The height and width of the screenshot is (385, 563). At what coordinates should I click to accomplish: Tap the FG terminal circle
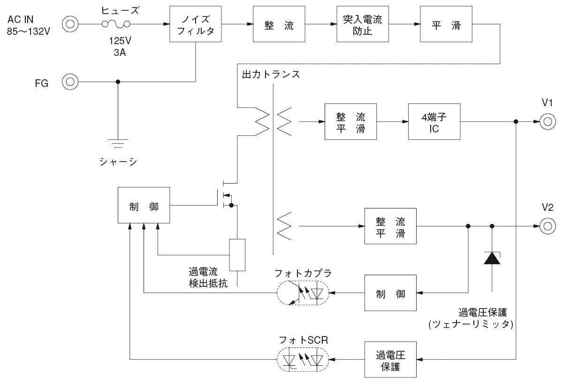[x=70, y=82]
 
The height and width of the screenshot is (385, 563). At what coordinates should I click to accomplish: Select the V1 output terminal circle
[x=546, y=122]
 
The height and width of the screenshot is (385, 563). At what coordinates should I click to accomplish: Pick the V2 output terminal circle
[x=546, y=226]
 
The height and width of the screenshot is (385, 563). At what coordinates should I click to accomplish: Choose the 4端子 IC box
[x=434, y=122]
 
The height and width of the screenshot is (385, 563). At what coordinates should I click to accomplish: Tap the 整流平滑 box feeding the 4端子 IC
[x=350, y=122]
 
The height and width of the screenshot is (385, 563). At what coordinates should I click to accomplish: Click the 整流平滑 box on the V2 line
[x=390, y=226]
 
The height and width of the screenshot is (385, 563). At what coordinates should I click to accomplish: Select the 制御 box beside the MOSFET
[x=144, y=205]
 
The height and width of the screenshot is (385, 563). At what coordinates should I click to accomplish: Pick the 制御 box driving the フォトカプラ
[x=390, y=293]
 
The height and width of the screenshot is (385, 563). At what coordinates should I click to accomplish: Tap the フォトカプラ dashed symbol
[x=303, y=294]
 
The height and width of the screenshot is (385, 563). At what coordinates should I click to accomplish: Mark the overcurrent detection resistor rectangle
[x=237, y=255]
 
